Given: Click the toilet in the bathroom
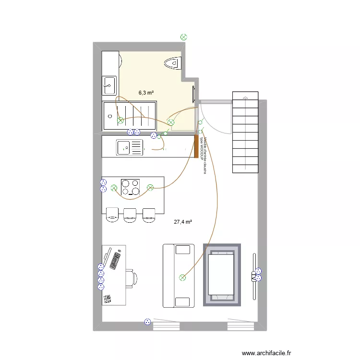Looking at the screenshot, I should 173,62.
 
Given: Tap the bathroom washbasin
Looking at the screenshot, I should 109,85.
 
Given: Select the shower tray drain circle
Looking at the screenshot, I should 110,116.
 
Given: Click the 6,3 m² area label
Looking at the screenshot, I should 146,93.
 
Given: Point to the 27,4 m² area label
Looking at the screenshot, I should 183,222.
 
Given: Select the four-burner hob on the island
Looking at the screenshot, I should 131,188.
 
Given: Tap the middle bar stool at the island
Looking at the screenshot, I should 130,215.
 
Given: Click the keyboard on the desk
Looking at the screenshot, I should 115,260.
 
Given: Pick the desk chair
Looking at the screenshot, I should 132,278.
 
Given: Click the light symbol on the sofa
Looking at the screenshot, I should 182,277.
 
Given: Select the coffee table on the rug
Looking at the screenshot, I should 221,275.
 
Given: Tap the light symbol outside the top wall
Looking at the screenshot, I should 183,36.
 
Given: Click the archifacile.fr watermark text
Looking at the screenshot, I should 266,353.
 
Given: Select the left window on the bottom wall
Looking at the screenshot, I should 166,326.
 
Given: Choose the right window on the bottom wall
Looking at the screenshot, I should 240,326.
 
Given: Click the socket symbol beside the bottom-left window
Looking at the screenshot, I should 147,322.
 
